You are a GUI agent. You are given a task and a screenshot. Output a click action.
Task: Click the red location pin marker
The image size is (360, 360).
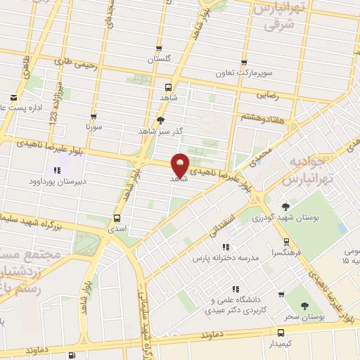[x=180, y=165]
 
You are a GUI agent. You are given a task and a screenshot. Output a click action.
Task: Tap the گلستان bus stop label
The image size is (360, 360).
[x=159, y=60]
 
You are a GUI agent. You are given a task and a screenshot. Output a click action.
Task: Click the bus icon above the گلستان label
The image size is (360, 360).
[x=159, y=49]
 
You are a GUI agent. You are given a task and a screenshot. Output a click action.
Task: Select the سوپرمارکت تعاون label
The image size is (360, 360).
[x=243, y=72]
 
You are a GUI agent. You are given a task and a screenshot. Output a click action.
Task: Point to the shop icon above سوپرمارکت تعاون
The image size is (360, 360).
[x=244, y=61]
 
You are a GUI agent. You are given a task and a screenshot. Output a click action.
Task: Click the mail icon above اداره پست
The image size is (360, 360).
[x=13, y=97]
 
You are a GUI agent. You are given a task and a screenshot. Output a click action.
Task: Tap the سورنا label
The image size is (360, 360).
[x=94, y=129]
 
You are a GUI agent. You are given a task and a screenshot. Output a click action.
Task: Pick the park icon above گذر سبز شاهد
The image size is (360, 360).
[x=162, y=120]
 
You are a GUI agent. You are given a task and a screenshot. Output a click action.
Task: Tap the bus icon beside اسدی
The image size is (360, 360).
[x=117, y=219]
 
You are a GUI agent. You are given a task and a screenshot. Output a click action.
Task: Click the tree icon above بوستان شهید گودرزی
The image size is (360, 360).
[x=285, y=206]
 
